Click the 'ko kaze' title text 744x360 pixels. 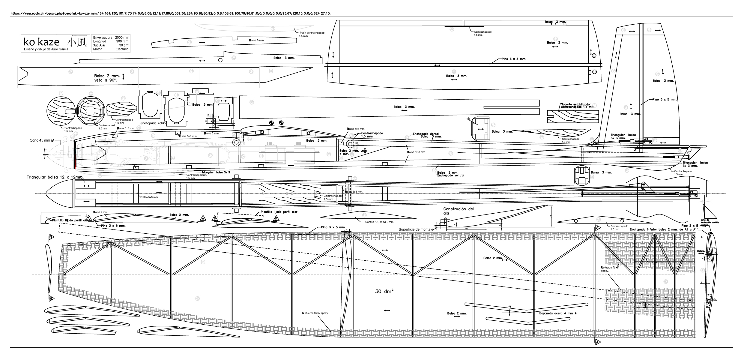coord(41,42)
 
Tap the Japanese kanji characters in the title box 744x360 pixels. coord(77,42)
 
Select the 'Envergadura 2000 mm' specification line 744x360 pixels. coord(111,38)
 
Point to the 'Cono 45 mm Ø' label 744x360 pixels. coord(42,140)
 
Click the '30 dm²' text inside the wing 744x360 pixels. coord(384,291)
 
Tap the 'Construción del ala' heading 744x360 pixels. coord(458,211)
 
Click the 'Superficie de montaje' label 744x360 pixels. coord(416,229)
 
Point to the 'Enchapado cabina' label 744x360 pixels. coord(154,123)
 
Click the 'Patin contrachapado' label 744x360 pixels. coord(312,33)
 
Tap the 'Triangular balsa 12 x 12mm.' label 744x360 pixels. coord(55,178)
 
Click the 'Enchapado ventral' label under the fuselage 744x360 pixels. coord(450,175)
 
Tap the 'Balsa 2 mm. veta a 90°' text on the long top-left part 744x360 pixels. coord(107,78)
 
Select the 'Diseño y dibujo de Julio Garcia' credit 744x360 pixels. coord(46,49)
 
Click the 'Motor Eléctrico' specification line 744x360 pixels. coord(111,49)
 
